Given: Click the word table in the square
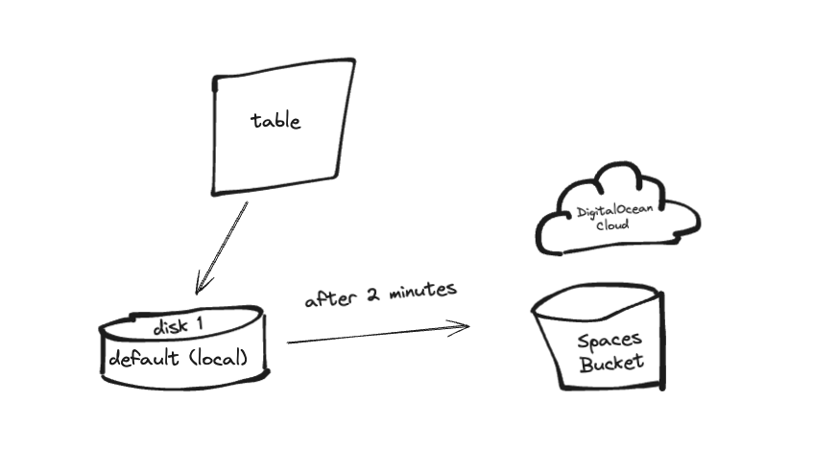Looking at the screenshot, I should pos(275,121).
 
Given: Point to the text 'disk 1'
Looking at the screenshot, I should pos(178,326).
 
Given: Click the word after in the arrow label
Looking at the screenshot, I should pos(324,298).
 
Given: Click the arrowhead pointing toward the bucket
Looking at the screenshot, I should pos(463,326).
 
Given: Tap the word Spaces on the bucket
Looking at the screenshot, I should pos(609,341).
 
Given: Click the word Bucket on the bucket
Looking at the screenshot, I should pos(611,364).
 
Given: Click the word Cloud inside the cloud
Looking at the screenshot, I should pos(612,225).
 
